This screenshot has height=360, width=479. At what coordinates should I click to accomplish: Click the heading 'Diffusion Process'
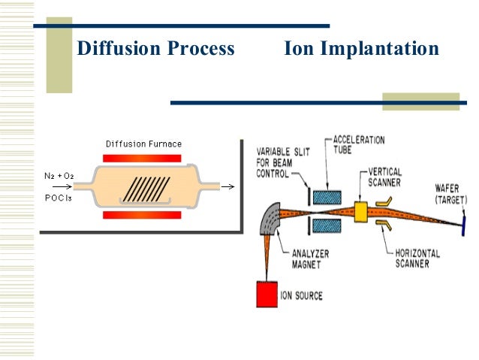155,49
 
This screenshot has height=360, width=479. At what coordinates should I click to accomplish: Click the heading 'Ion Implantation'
361,49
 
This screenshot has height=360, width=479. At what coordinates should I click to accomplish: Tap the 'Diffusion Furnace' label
143,144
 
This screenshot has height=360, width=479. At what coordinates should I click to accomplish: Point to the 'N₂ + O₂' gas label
59,176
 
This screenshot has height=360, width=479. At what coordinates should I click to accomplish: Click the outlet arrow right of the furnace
228,187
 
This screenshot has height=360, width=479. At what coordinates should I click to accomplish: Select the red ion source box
267,292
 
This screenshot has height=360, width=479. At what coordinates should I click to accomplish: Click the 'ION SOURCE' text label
302,296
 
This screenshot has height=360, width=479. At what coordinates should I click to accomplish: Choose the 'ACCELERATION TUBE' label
359,145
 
